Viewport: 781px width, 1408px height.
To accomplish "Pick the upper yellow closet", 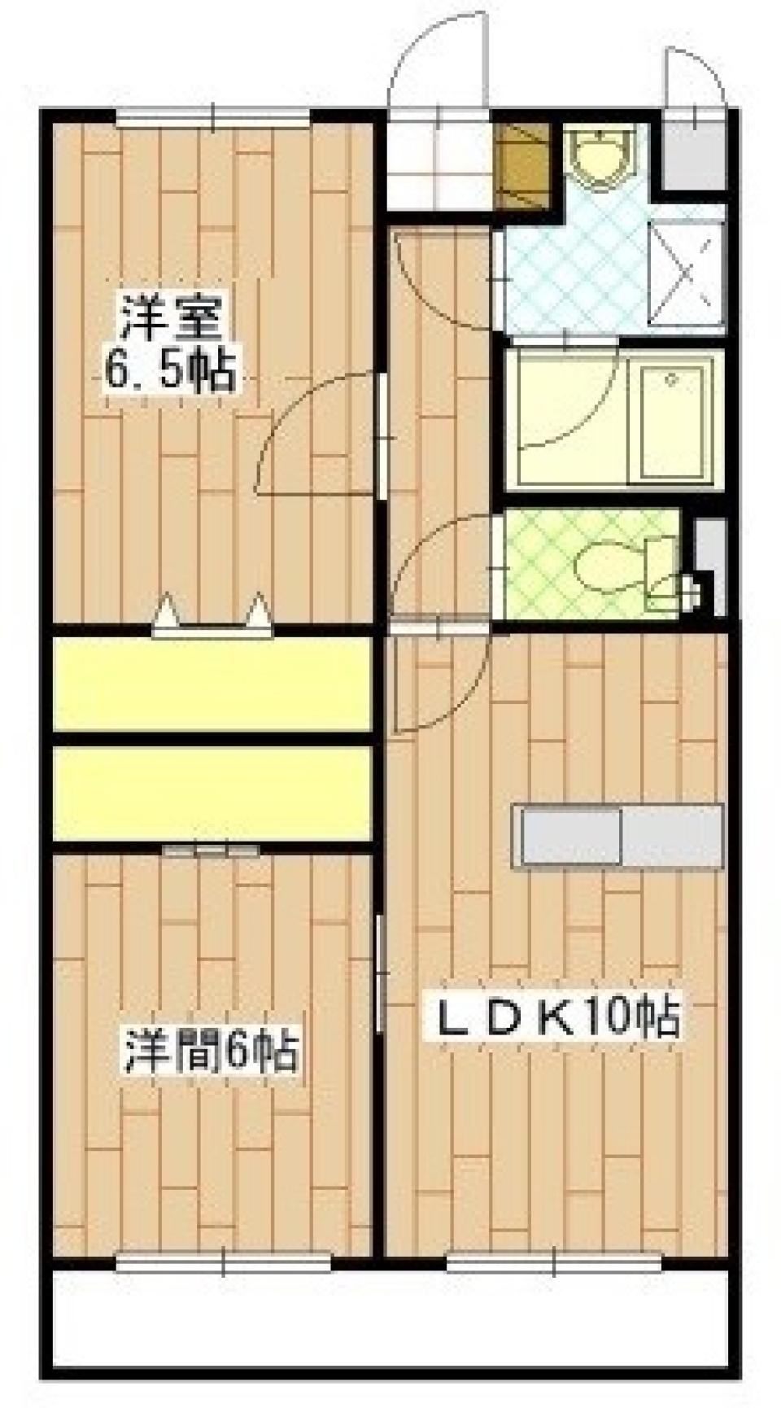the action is tap(212, 684).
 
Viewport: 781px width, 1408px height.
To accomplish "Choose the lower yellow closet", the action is tap(212, 793).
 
